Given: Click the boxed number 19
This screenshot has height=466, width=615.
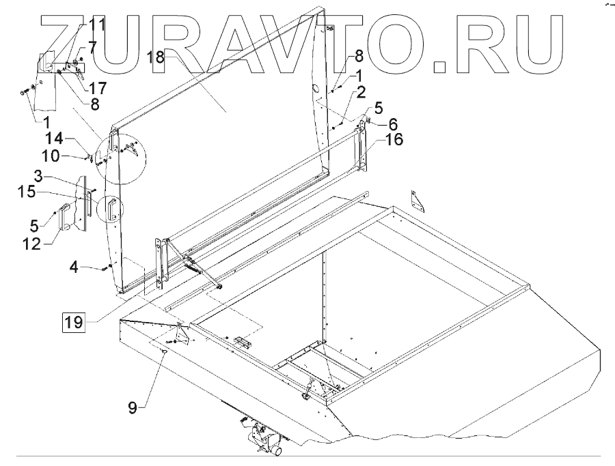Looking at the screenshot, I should click(74, 319).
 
